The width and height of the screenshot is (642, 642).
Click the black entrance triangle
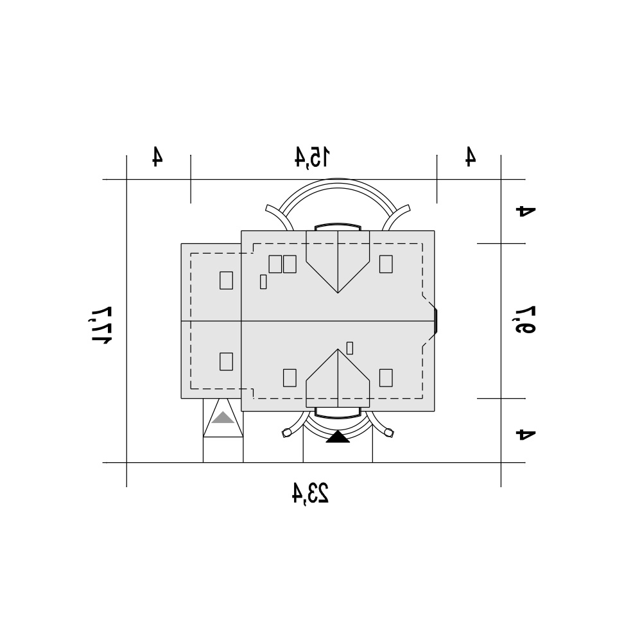338,437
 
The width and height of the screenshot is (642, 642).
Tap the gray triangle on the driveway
223,418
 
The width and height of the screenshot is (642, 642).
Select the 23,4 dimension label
310,492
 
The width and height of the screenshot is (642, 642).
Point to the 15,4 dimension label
312,157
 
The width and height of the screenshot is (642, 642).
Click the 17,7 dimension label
102,325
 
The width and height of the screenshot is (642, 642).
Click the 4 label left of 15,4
157,156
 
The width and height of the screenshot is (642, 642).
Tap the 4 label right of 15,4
471,156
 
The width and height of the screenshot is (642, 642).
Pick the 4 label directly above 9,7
526,211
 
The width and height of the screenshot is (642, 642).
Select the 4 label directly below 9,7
526,434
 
